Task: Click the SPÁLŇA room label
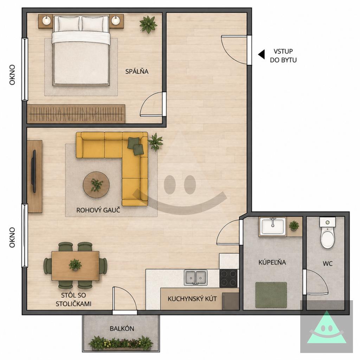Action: point(137,71)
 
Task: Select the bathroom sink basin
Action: point(272,226)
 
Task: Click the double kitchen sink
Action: point(195,277)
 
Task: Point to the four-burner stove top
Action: point(229,278)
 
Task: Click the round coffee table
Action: point(96,184)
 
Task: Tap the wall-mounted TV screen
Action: point(34,171)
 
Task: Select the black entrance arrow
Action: point(261,54)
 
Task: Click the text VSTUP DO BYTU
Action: point(283,56)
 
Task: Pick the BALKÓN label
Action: point(122,329)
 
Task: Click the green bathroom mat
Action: point(271,295)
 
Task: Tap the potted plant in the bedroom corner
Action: point(148,24)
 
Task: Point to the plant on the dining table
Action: point(75,265)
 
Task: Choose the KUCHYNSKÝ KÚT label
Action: point(192,299)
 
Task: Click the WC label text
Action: point(328,264)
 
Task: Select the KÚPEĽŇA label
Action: point(272,262)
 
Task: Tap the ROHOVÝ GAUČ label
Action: point(98,210)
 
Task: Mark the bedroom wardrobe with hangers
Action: point(76,114)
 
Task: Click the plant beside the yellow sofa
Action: point(155,142)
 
